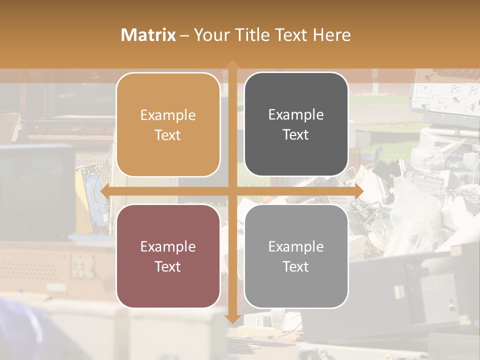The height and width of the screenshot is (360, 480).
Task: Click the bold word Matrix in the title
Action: pos(148,35)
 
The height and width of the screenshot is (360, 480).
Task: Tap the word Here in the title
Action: pos(331,35)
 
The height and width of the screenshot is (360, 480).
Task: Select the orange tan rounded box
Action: pos(168,124)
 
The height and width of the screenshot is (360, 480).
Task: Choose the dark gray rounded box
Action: pos(296,124)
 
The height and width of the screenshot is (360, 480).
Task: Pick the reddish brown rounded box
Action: pos(168,256)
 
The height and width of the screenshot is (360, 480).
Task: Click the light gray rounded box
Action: pos(296,256)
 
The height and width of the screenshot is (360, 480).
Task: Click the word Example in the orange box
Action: pos(168,115)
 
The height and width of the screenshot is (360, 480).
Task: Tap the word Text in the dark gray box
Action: pos(296,135)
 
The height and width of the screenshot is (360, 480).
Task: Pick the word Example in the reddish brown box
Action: pos(168,247)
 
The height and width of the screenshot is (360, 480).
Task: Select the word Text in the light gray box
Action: pos(296,266)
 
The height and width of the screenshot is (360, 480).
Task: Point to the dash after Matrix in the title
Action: pos(184,35)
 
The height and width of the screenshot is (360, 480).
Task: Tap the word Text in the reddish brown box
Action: pos(168,266)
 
